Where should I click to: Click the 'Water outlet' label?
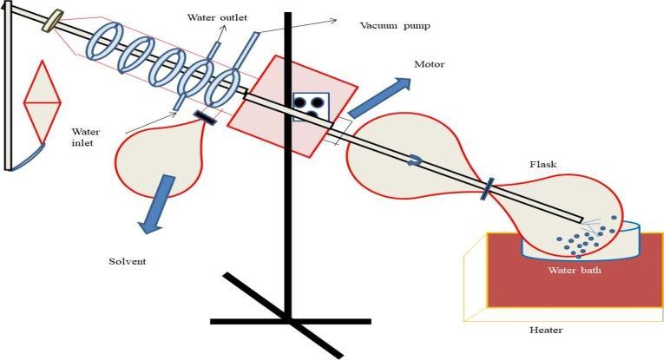click(217, 16)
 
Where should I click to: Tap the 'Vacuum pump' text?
click(395, 25)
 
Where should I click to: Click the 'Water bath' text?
click(575, 269)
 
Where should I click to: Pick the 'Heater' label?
click(547, 330)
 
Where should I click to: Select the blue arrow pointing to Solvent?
click(157, 205)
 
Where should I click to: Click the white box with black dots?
click(310, 106)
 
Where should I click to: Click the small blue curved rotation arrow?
click(417, 160)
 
